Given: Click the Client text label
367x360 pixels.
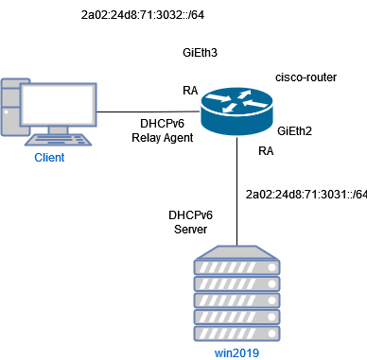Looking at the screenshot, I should coord(49,158).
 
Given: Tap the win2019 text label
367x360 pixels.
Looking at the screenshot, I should coord(236,353).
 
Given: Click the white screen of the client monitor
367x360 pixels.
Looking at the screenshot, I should coord(59,104).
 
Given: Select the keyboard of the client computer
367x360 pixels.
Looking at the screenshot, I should coord(58,140).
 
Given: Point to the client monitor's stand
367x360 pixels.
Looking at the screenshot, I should coord(58,129).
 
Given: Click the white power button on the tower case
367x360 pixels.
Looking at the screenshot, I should coord(7,111).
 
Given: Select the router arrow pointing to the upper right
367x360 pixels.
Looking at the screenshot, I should coord(245,94).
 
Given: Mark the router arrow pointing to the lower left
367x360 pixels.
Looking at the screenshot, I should coord(229,107).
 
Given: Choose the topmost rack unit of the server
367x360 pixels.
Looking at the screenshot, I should coord(236,267).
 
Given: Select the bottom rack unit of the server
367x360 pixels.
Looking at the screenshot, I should coord(236,334).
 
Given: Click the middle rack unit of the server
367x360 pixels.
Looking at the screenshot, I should coord(236,300).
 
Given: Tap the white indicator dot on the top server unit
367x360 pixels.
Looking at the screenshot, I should coord(271,267).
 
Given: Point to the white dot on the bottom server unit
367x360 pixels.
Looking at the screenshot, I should coord(271,334).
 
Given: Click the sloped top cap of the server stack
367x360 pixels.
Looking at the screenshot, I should coord(236,252).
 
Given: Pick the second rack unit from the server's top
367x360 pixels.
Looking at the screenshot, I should coord(236,283).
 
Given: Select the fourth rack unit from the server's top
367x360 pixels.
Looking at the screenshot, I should coord(236,317).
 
